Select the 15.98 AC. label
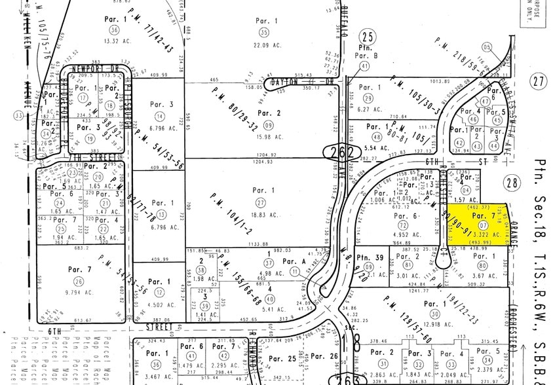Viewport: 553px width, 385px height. click(269, 137)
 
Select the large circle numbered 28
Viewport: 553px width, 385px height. click(511, 182)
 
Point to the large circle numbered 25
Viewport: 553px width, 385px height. click(369, 37)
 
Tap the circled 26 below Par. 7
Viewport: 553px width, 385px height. click(79, 281)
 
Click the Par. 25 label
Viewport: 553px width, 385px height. click(283, 358)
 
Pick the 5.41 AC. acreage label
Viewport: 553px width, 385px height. click(271, 310)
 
